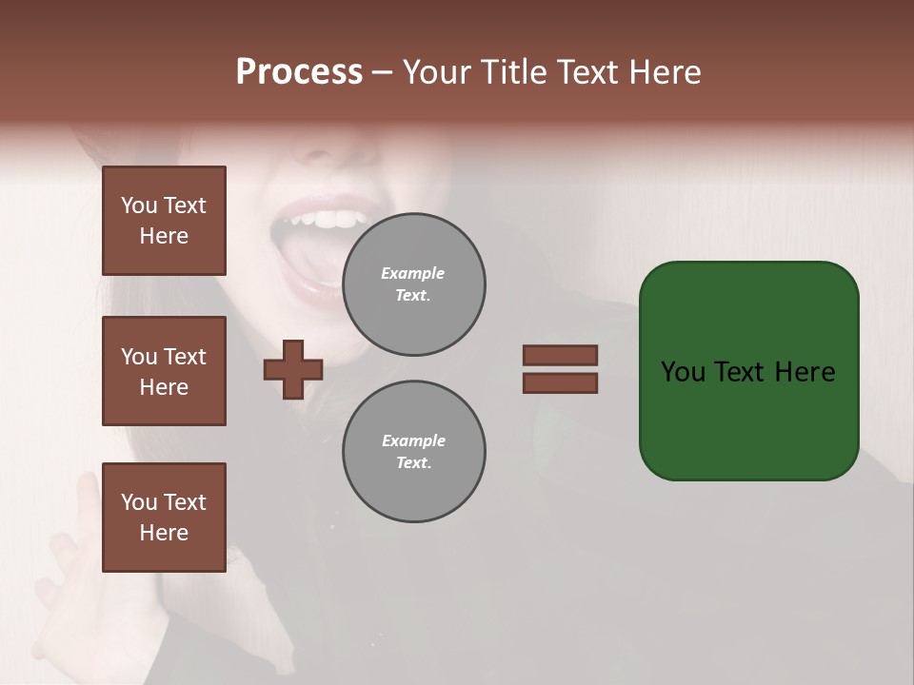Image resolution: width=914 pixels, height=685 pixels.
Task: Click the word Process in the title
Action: coord(299,72)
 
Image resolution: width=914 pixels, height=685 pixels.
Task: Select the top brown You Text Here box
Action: coord(164,221)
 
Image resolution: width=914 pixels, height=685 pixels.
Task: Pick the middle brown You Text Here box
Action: coord(164,371)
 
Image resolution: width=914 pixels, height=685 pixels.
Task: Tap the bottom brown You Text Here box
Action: coord(164,518)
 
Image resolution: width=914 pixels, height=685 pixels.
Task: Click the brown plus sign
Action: coord(293,369)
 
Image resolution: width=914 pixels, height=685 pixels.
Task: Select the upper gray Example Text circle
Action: coord(413,284)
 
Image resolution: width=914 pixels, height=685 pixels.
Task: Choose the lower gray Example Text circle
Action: coord(413,452)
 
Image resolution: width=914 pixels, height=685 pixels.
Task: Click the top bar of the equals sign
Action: coord(560,356)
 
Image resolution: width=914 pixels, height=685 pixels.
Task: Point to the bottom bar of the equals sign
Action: coord(560,383)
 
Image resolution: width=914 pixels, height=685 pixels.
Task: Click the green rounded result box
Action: coord(748,371)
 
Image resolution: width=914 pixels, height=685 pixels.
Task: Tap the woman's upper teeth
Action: coord(333,220)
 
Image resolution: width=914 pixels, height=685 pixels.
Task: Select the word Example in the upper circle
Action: coord(413,273)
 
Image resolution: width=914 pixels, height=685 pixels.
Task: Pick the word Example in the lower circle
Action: coord(413,440)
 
